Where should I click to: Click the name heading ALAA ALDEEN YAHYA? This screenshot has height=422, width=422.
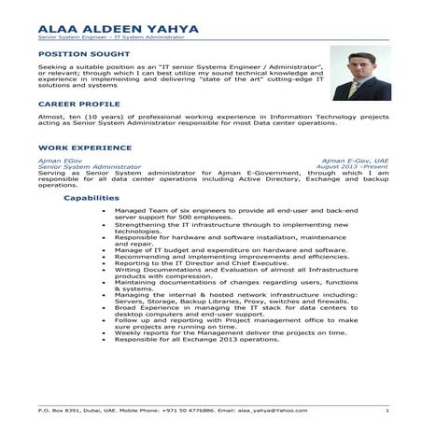[119, 29]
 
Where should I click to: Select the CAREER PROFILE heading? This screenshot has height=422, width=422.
[79, 104]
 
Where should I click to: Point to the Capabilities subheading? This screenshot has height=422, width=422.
[91, 198]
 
